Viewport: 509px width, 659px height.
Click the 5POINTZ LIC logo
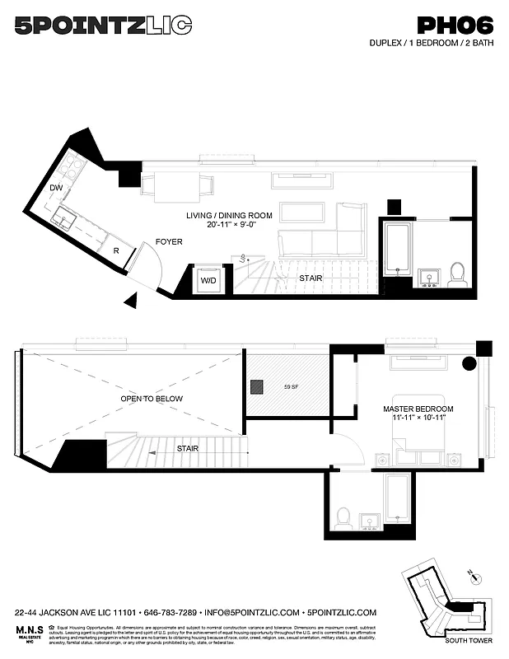click(103, 26)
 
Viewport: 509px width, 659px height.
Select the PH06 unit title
click(455, 26)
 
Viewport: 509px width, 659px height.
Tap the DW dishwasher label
click(56, 189)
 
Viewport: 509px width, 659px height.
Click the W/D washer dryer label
click(208, 279)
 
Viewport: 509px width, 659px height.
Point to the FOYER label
click(169, 241)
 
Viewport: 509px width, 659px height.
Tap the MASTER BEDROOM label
click(418, 409)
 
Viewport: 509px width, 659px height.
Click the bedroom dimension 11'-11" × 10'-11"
click(418, 419)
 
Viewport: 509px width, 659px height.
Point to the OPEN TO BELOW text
click(152, 399)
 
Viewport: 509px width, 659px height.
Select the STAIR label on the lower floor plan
click(187, 450)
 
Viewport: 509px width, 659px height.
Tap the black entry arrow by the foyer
click(130, 301)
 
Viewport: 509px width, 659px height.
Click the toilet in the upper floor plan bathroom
click(457, 273)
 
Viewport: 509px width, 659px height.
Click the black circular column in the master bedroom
click(468, 363)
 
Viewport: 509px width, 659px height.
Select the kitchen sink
click(63, 218)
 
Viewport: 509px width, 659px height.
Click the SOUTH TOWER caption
click(468, 640)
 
